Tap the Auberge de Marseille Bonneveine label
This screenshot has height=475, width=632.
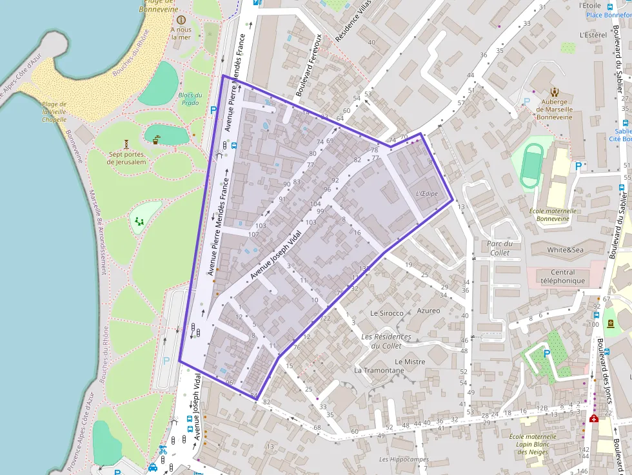point(554,109)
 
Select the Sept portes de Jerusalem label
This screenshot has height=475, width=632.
point(127,158)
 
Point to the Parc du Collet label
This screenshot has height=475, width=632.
point(499,248)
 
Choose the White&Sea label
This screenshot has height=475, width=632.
point(565,250)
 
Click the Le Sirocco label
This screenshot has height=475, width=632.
point(387,313)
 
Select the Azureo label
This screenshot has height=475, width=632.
point(428,311)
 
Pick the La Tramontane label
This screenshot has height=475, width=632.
point(379,371)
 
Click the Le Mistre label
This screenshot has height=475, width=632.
point(410,362)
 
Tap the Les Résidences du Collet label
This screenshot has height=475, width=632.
point(386,341)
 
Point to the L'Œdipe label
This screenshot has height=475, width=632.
point(426,193)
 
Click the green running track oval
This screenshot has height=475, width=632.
point(532,164)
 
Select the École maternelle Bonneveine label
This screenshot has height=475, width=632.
point(552,214)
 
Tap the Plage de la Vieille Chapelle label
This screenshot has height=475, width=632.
point(54,111)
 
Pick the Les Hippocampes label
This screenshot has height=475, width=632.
point(404,460)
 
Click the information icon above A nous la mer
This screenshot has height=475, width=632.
point(181,20)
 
